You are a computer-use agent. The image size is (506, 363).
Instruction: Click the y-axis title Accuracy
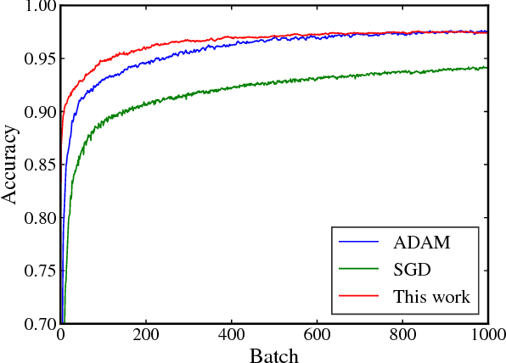coord(11,165)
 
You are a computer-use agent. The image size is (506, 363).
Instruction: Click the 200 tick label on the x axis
coord(146,335)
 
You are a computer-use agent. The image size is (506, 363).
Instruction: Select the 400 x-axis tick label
coord(231,335)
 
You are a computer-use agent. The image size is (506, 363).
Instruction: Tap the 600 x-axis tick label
coord(316,335)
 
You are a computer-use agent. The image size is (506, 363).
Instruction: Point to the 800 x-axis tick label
coord(401,335)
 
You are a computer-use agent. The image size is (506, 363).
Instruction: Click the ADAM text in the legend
coord(422,243)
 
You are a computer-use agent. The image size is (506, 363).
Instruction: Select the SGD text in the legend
coord(411,270)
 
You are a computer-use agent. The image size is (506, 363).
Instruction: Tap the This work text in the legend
coord(431,297)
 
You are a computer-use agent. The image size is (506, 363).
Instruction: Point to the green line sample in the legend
coord(358,271)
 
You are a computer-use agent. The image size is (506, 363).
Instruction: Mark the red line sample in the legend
coord(358,298)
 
